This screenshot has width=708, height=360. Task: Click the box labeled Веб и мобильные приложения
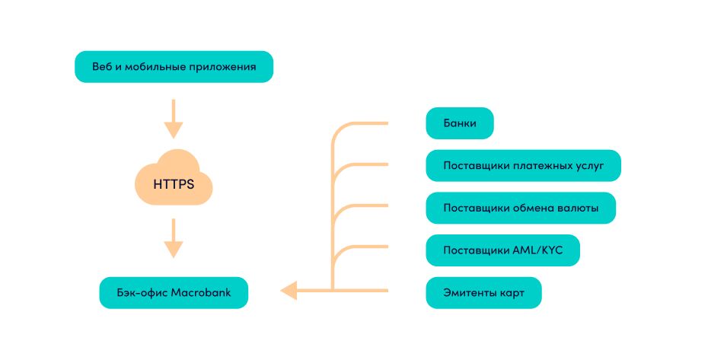(174, 67)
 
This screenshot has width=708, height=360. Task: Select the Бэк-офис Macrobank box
(174, 292)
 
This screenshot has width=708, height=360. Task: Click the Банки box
(460, 123)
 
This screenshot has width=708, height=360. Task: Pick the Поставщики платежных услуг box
(523, 165)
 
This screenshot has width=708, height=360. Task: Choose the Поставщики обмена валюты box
(520, 208)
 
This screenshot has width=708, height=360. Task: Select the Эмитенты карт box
(483, 292)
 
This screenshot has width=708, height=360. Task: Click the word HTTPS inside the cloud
(174, 184)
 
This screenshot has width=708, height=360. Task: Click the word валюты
(577, 208)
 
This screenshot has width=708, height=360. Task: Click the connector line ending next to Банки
(365, 123)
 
